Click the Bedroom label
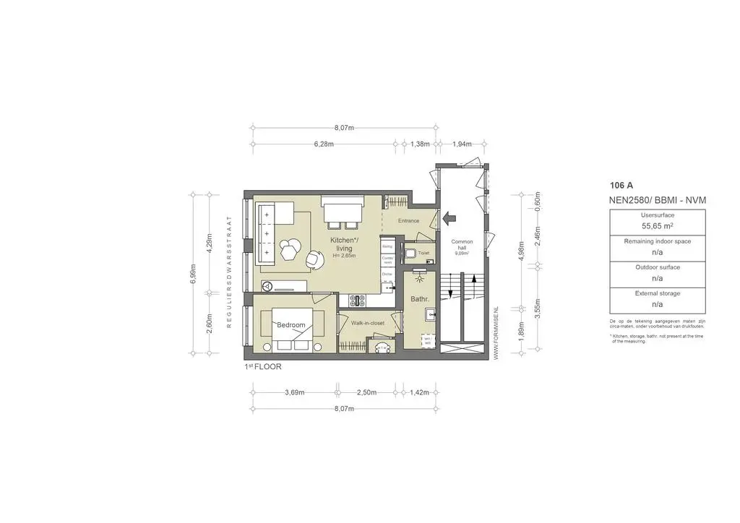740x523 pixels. (x=291, y=325)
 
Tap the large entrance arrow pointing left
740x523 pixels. (x=449, y=215)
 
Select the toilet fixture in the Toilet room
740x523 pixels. (x=409, y=253)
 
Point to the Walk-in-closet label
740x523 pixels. (x=367, y=323)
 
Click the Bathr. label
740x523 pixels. (x=420, y=298)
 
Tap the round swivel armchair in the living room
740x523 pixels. (x=315, y=258)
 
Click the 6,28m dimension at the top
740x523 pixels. (x=324, y=144)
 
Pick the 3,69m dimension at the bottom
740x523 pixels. (x=294, y=392)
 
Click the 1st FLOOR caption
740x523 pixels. (x=263, y=367)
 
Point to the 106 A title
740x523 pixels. (x=621, y=185)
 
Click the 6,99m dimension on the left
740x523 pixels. (x=192, y=274)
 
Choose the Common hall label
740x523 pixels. (x=461, y=245)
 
